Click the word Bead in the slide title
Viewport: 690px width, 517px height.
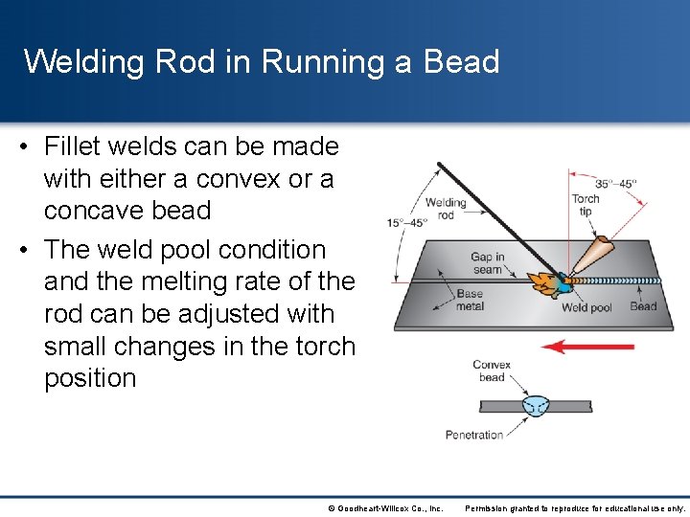[x=462, y=62]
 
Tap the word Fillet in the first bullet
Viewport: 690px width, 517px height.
[x=79, y=146]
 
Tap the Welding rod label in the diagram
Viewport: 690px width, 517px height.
[x=445, y=209]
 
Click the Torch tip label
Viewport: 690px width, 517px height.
[x=585, y=206]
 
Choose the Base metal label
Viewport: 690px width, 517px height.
[x=470, y=300]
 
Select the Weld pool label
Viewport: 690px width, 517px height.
[x=586, y=307]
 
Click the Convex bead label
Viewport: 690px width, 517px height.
[x=491, y=371]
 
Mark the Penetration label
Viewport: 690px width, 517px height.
[x=474, y=435]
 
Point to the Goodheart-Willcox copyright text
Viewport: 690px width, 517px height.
[x=385, y=507]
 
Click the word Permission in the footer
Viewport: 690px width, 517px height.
[x=489, y=507]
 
